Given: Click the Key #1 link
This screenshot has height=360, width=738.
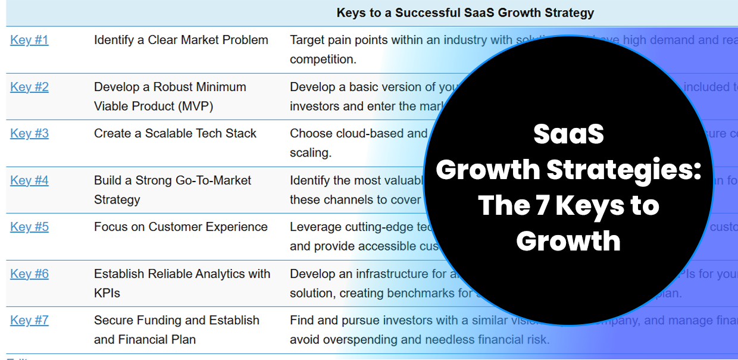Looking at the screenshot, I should click(29, 40).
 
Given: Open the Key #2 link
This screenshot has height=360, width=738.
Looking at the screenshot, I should click(29, 87).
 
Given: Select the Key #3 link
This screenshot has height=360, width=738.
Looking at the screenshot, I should click(29, 133).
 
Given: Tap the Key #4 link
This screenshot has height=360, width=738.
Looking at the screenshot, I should click(29, 180).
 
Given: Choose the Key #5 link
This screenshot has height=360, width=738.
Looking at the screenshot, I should click(29, 227).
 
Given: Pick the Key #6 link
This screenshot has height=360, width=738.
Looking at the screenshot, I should click(29, 274).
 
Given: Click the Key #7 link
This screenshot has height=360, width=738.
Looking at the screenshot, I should click(29, 320).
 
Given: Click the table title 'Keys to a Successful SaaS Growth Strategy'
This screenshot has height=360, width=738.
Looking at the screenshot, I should click(465, 12).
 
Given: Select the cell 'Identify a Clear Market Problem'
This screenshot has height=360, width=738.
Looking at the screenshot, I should click(181, 40).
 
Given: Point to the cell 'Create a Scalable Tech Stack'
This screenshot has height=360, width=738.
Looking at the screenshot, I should click(175, 133).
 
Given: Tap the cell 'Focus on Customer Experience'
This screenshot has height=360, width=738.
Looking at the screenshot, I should click(180, 227).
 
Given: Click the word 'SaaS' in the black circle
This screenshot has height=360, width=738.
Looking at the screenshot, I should click(568, 134).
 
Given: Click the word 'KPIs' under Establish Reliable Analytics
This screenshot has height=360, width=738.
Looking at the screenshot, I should click(108, 293).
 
